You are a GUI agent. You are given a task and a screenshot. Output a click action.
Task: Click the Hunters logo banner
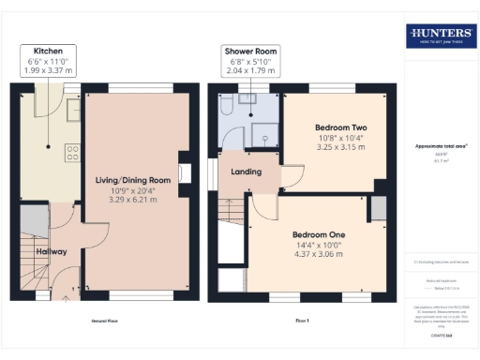[x=439, y=37]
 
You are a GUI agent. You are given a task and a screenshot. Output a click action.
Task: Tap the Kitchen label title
[x=49, y=50]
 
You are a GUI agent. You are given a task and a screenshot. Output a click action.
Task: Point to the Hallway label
[x=51, y=251]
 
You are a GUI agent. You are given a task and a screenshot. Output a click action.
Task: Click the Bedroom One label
[x=321, y=234]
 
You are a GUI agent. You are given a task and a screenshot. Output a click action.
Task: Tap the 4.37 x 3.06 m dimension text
[x=321, y=254]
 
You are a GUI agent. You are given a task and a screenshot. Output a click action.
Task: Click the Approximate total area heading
[x=439, y=146]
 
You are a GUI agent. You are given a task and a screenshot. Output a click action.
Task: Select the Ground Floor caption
[x=104, y=321]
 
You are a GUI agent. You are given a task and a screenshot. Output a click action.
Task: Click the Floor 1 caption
[x=302, y=321]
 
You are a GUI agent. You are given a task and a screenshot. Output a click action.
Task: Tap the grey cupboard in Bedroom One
[x=378, y=207]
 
